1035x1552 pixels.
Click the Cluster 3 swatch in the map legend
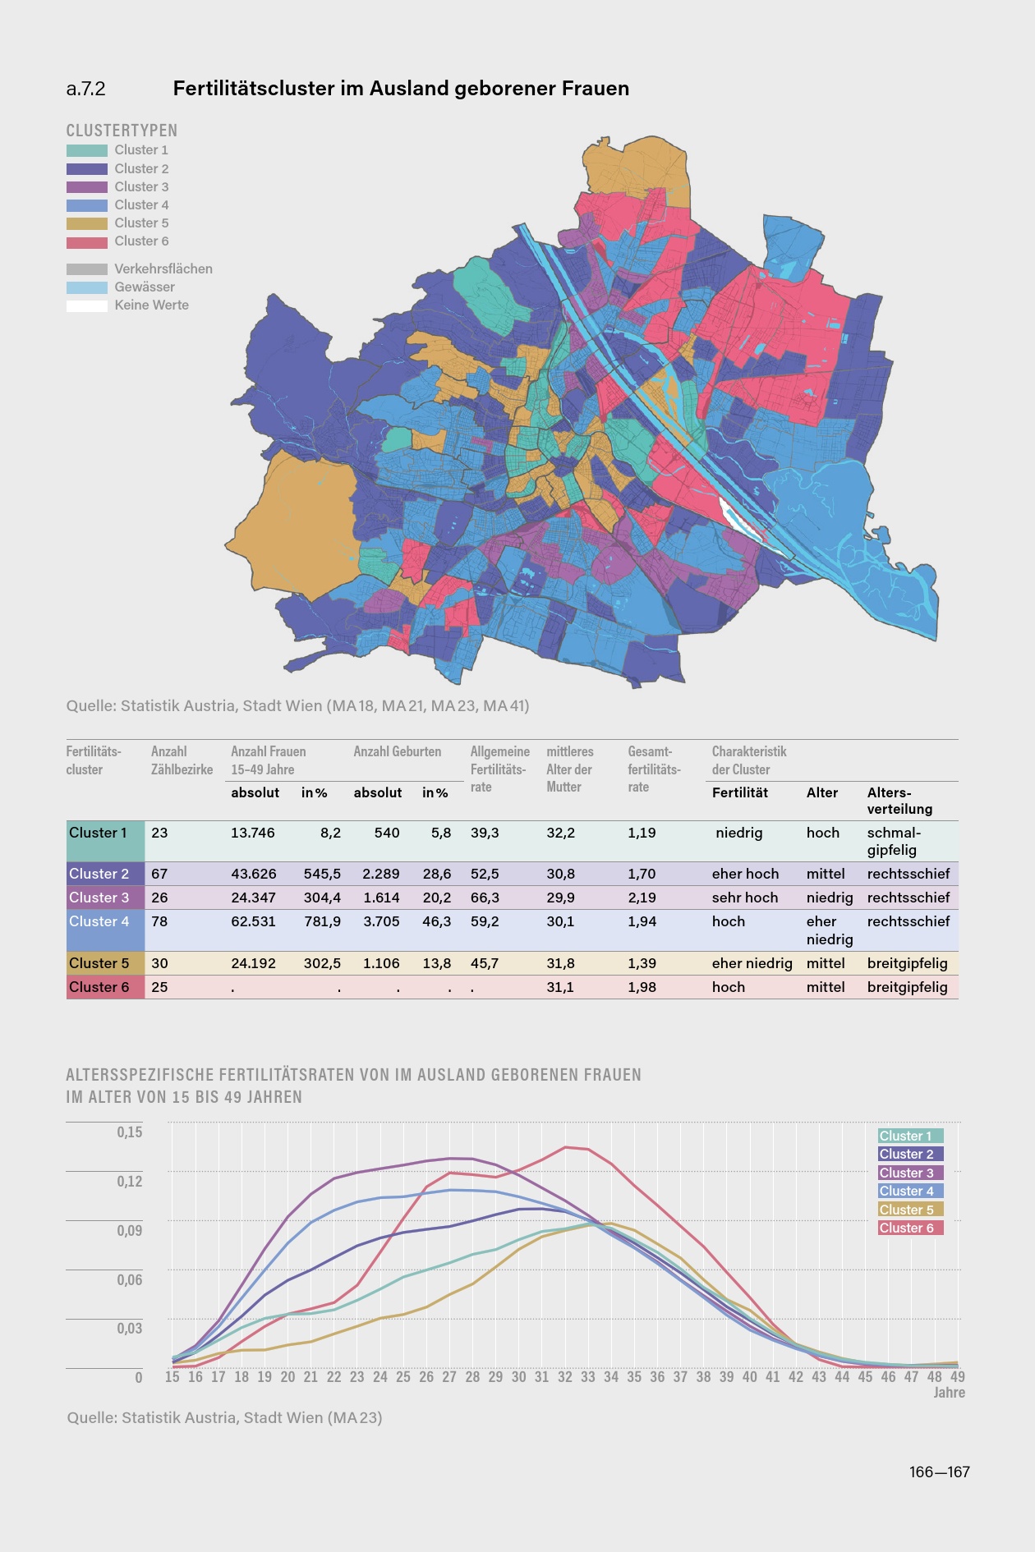tap(87, 187)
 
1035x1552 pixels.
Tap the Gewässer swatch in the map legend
tap(87, 287)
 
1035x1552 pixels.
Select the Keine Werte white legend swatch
tap(87, 305)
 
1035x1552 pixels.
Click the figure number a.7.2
tap(85, 89)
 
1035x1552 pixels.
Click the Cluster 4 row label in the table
tap(99, 921)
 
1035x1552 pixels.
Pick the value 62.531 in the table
tap(253, 921)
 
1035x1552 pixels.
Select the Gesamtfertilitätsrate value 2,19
tap(642, 898)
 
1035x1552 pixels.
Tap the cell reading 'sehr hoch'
tap(744, 898)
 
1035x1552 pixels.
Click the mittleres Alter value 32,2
tap(560, 833)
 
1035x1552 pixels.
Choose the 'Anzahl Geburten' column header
tap(397, 751)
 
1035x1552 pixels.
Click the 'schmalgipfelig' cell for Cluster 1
tap(893, 841)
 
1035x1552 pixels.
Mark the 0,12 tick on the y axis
tap(129, 1181)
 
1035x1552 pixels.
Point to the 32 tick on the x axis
tap(565, 1377)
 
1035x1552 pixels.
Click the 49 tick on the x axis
tap(957, 1377)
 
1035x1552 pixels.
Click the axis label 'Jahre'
tap(949, 1393)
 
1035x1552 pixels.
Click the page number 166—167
tap(939, 1472)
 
